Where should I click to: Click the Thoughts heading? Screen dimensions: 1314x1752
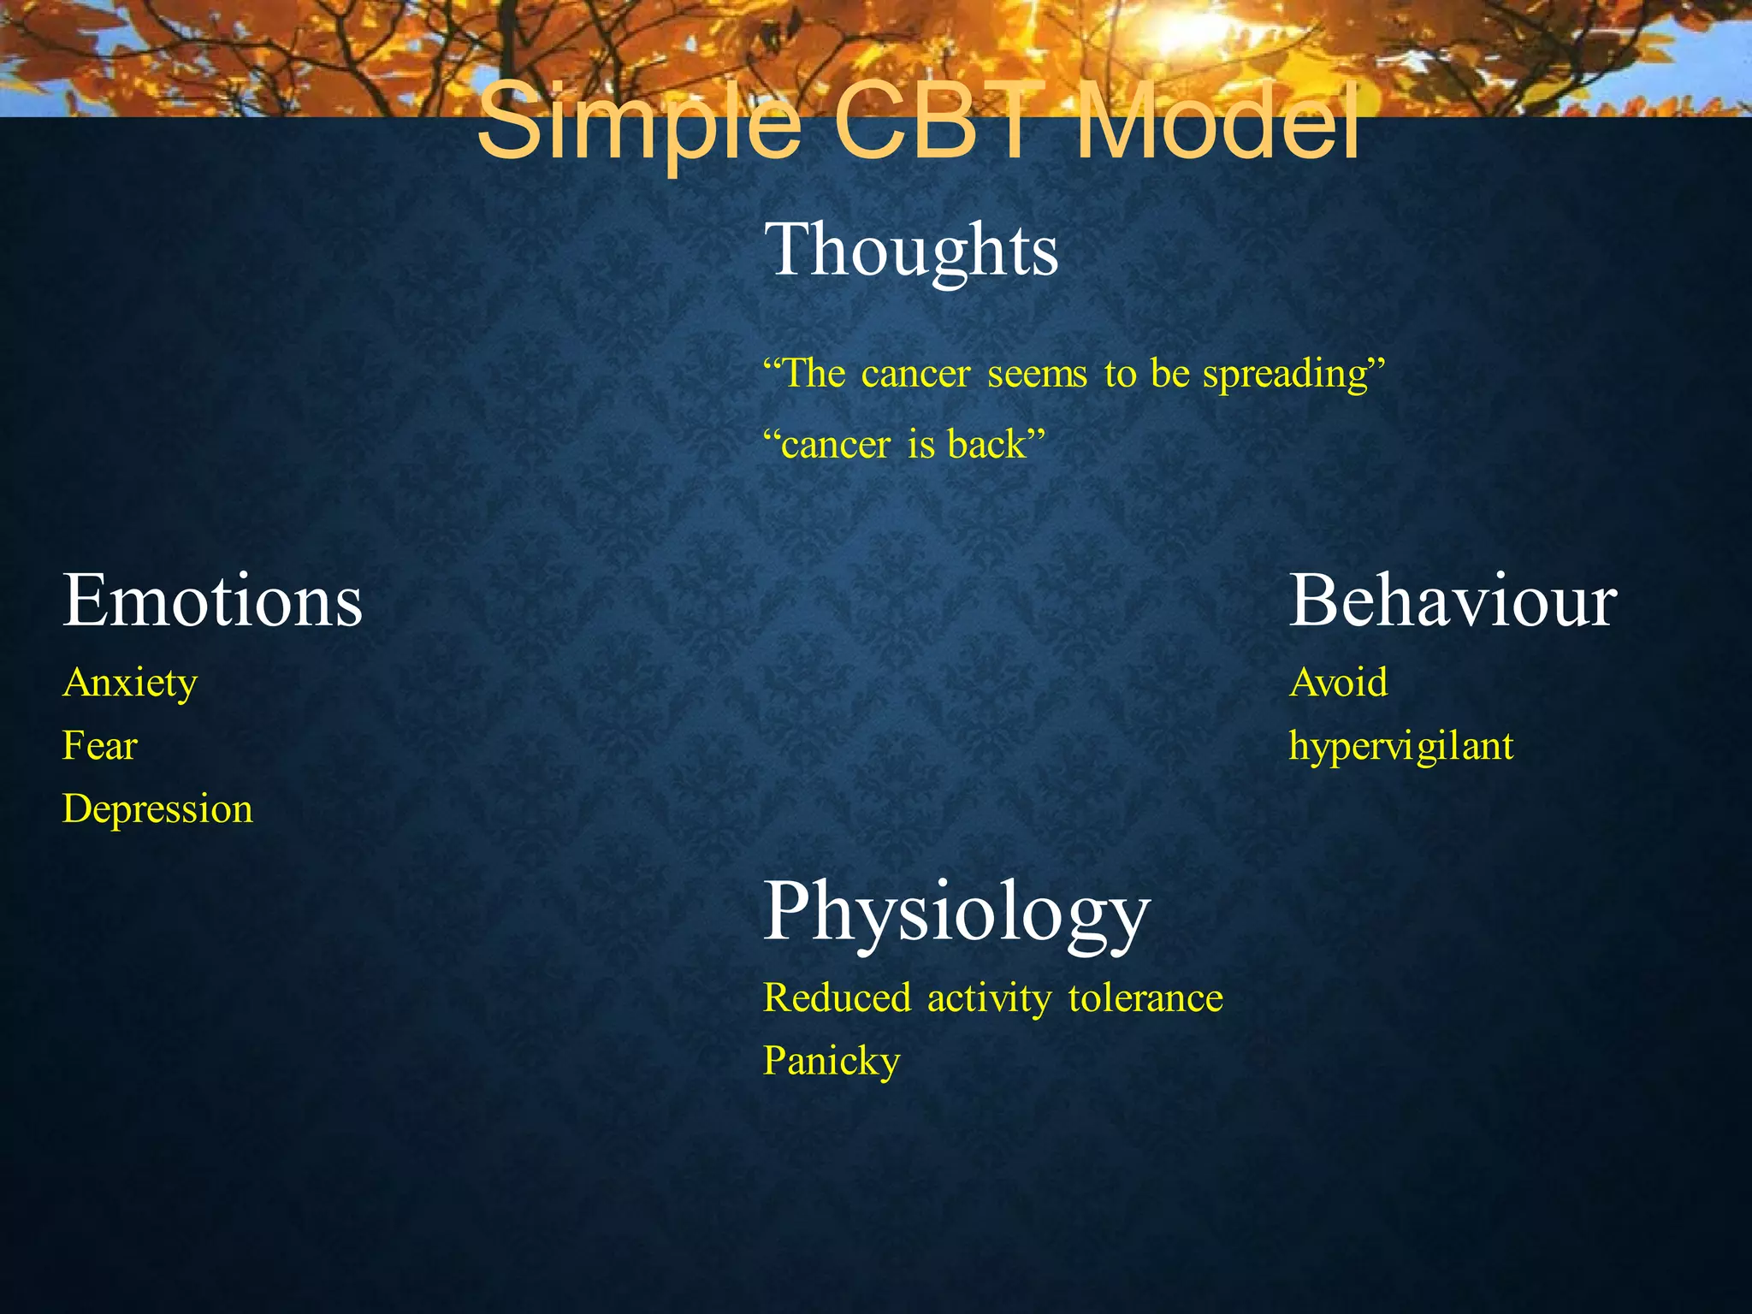tap(910, 250)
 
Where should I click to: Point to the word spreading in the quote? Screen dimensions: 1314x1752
tap(1293, 375)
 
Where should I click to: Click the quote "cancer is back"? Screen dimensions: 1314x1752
tap(903, 445)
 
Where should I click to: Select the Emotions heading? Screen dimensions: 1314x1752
tap(212, 601)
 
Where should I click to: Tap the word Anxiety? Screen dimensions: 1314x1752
tap(130, 684)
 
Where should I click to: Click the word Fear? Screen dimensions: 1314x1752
tap(99, 746)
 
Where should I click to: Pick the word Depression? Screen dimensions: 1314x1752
tap(157, 809)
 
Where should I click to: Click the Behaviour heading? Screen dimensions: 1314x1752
tap(1452, 601)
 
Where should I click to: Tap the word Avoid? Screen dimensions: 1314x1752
tap(1338, 683)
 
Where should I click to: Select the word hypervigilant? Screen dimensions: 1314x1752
tap(1400, 747)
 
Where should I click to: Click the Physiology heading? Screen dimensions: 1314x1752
tap(956, 913)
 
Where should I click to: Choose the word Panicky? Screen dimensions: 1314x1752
tap(831, 1062)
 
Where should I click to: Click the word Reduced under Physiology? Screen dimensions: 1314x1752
tap(837, 998)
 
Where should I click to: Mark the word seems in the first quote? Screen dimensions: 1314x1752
tap(1037, 375)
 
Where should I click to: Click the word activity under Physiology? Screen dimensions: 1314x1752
tap(989, 998)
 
